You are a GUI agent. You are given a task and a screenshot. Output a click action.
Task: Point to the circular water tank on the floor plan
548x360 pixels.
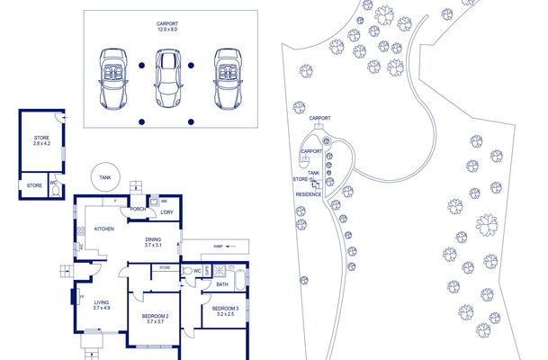coord(105,176)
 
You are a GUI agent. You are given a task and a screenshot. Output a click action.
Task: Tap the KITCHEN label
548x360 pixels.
coord(104,229)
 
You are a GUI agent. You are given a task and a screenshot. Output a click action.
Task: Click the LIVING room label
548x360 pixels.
coord(102,305)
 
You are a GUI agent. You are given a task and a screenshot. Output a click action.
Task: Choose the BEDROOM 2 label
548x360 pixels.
coord(156,319)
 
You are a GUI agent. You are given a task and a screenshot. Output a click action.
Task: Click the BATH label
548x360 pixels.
coord(221,284)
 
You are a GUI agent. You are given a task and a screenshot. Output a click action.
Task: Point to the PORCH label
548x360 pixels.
coord(138,210)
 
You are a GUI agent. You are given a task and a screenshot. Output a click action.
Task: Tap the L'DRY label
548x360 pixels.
coord(166,213)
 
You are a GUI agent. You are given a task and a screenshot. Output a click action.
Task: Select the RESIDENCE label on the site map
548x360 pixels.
coord(309,194)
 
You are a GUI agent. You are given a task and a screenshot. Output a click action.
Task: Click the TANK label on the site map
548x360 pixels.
coord(313,173)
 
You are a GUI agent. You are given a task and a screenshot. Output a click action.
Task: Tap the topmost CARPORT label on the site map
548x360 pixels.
coord(320,118)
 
